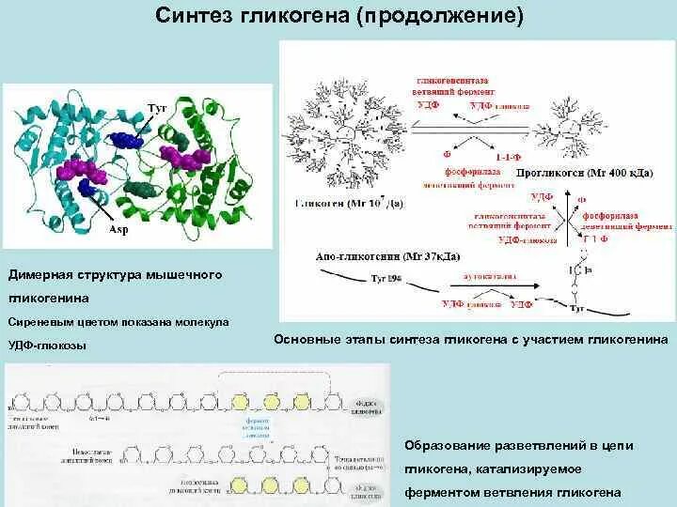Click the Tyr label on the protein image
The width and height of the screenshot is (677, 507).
[x=157, y=109]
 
